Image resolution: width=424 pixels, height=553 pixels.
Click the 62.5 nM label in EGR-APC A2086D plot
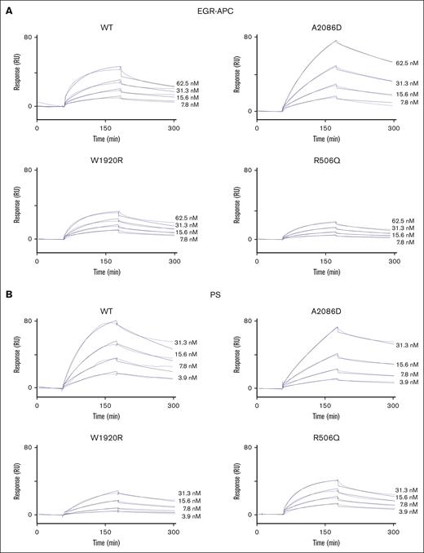(x=407, y=63)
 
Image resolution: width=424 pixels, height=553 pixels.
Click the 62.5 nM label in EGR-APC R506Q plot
(x=407, y=220)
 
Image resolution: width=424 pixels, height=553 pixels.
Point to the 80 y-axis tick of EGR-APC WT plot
(x=27, y=38)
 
